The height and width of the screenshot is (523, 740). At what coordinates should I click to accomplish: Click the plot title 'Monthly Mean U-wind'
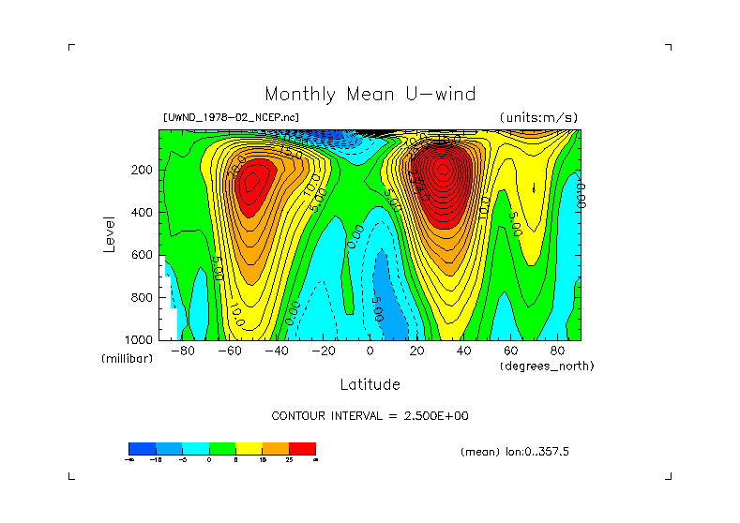pyautogui.click(x=370, y=95)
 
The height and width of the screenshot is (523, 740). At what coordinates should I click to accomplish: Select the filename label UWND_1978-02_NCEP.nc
pyautogui.click(x=231, y=117)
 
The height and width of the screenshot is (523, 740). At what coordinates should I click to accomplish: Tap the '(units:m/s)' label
pyautogui.click(x=538, y=117)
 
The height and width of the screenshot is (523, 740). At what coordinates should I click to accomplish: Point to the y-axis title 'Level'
pyautogui.click(x=109, y=233)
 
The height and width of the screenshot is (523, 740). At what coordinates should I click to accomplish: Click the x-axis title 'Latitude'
pyautogui.click(x=370, y=384)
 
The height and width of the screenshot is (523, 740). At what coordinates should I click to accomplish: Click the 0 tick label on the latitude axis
pyautogui.click(x=370, y=351)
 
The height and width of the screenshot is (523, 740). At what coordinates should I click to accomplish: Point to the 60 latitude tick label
pyautogui.click(x=511, y=351)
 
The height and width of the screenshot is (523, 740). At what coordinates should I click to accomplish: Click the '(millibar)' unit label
pyautogui.click(x=127, y=360)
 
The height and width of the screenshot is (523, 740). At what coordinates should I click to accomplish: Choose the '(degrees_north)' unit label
pyautogui.click(x=547, y=366)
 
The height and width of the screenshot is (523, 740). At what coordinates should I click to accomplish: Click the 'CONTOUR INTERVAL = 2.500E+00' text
pyautogui.click(x=370, y=415)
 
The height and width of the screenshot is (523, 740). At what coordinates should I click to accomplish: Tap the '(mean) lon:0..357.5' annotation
pyautogui.click(x=515, y=452)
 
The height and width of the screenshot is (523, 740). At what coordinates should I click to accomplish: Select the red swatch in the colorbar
pyautogui.click(x=302, y=448)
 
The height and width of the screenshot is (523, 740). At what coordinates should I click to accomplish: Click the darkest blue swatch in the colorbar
pyautogui.click(x=142, y=448)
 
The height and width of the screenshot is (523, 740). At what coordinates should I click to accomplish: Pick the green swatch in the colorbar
pyautogui.click(x=222, y=448)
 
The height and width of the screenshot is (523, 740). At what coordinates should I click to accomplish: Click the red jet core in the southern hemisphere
pyautogui.click(x=251, y=185)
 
